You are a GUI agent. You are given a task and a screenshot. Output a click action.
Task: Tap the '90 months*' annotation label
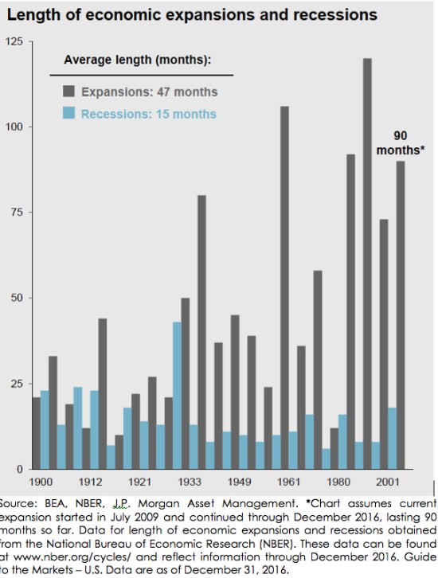click(x=400, y=143)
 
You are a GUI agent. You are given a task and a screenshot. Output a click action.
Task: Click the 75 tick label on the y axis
click(x=18, y=213)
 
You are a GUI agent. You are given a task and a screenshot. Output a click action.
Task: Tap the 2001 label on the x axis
click(x=388, y=482)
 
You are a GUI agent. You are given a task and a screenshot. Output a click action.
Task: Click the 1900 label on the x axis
click(x=41, y=482)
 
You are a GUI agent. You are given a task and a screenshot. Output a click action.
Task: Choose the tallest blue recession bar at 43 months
click(x=177, y=395)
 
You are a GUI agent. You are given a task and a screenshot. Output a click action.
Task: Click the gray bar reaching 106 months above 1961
click(x=284, y=287)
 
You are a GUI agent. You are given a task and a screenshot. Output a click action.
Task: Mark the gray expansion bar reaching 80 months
click(x=201, y=331)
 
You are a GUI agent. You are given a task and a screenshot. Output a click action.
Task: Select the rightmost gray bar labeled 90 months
click(x=401, y=314)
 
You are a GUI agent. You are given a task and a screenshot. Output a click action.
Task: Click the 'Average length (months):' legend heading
click(x=137, y=60)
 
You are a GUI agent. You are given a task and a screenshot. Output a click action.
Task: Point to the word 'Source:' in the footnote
click(x=18, y=502)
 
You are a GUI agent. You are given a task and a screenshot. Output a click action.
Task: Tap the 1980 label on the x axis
click(x=338, y=482)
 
